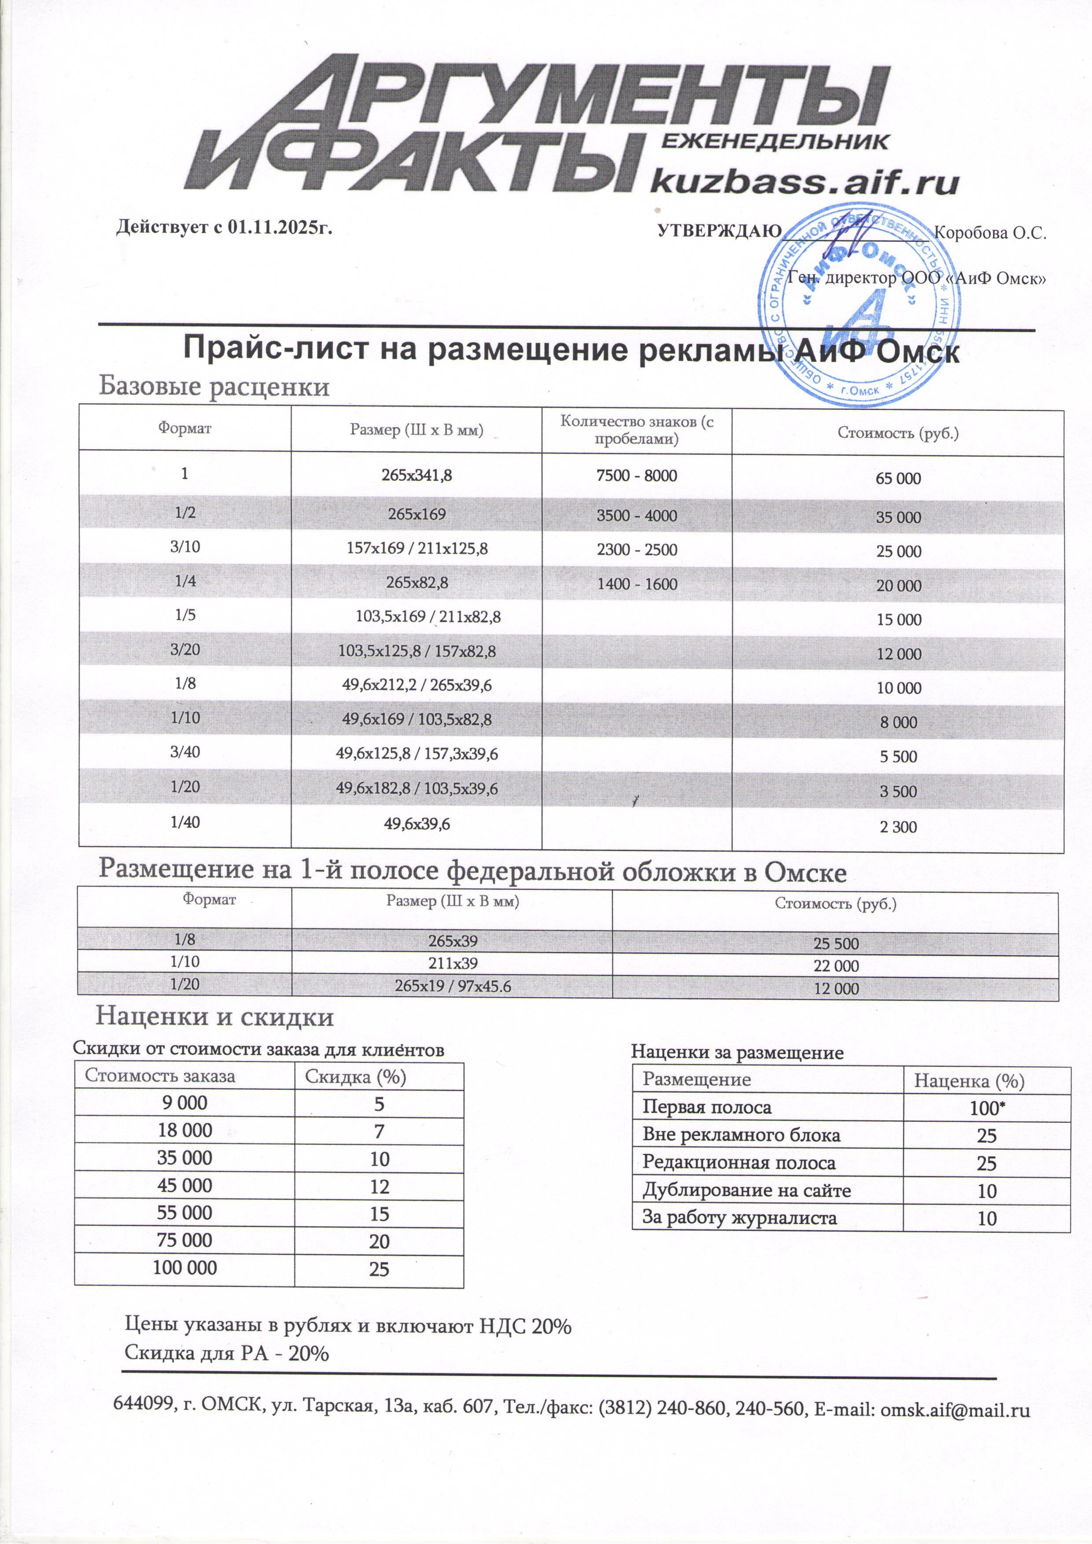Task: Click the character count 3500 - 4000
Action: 637,516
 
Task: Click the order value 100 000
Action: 185,1268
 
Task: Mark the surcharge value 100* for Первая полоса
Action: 986,1108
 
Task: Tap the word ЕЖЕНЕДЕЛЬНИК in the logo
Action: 775,141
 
